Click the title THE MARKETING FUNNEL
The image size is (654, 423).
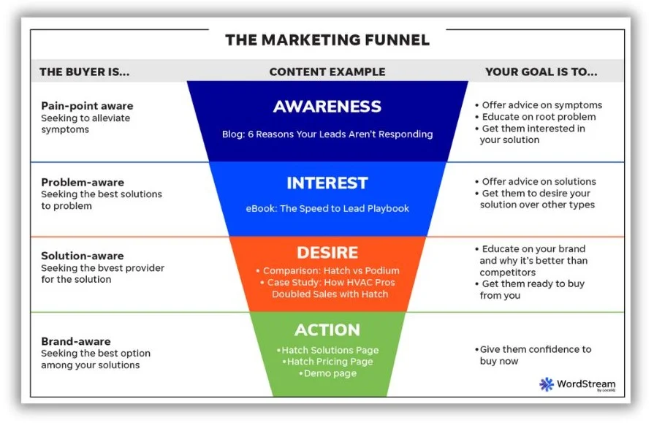[327, 39]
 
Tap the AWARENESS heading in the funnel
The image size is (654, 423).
[327, 107]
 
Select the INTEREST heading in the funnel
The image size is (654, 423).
[327, 183]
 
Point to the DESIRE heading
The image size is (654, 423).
[327, 253]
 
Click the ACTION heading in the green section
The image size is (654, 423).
[327, 329]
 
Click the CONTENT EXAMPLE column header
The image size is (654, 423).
[327, 72]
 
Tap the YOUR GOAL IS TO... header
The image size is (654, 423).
[541, 72]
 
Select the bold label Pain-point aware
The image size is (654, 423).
[87, 106]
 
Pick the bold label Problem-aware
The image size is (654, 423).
[83, 182]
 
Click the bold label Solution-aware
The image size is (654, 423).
[83, 256]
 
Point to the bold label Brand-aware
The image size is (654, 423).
[76, 341]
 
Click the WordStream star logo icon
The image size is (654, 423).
[547, 384]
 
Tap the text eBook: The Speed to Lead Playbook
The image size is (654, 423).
[327, 208]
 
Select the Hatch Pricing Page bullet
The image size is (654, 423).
[327, 362]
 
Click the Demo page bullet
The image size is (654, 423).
[327, 373]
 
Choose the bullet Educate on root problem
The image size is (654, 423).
[538, 117]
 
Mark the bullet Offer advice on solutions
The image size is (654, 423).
[538, 182]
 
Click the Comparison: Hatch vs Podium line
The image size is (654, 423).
[330, 270]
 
